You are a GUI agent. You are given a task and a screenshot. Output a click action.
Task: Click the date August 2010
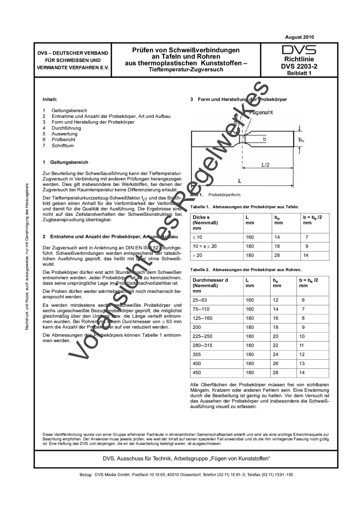(299, 37)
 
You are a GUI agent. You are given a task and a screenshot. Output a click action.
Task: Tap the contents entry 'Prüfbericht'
(63, 140)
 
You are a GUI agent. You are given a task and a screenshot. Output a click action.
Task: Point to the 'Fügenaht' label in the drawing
(261, 113)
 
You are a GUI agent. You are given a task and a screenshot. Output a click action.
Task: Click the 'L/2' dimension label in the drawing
(265, 165)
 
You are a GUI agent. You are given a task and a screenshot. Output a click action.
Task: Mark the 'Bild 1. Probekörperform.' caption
(216, 195)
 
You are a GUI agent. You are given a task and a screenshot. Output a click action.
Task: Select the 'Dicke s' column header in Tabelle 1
(201, 217)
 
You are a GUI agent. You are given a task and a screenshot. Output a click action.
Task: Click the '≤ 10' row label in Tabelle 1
(197, 237)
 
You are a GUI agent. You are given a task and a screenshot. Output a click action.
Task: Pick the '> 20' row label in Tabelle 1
(197, 255)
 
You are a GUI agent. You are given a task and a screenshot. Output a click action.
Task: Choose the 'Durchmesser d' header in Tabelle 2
(210, 280)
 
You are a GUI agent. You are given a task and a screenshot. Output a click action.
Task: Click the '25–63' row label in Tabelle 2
(200, 300)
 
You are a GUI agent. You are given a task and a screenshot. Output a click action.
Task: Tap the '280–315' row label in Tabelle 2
(202, 345)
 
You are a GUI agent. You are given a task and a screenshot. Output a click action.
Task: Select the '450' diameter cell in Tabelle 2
(197, 373)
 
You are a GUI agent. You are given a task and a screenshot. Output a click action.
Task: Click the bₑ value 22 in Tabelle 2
(276, 345)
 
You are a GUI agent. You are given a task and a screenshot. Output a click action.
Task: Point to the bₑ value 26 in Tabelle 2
(276, 364)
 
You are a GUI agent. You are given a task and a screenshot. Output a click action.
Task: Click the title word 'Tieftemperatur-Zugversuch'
(186, 69)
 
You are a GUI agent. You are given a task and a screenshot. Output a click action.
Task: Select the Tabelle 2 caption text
(246, 269)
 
